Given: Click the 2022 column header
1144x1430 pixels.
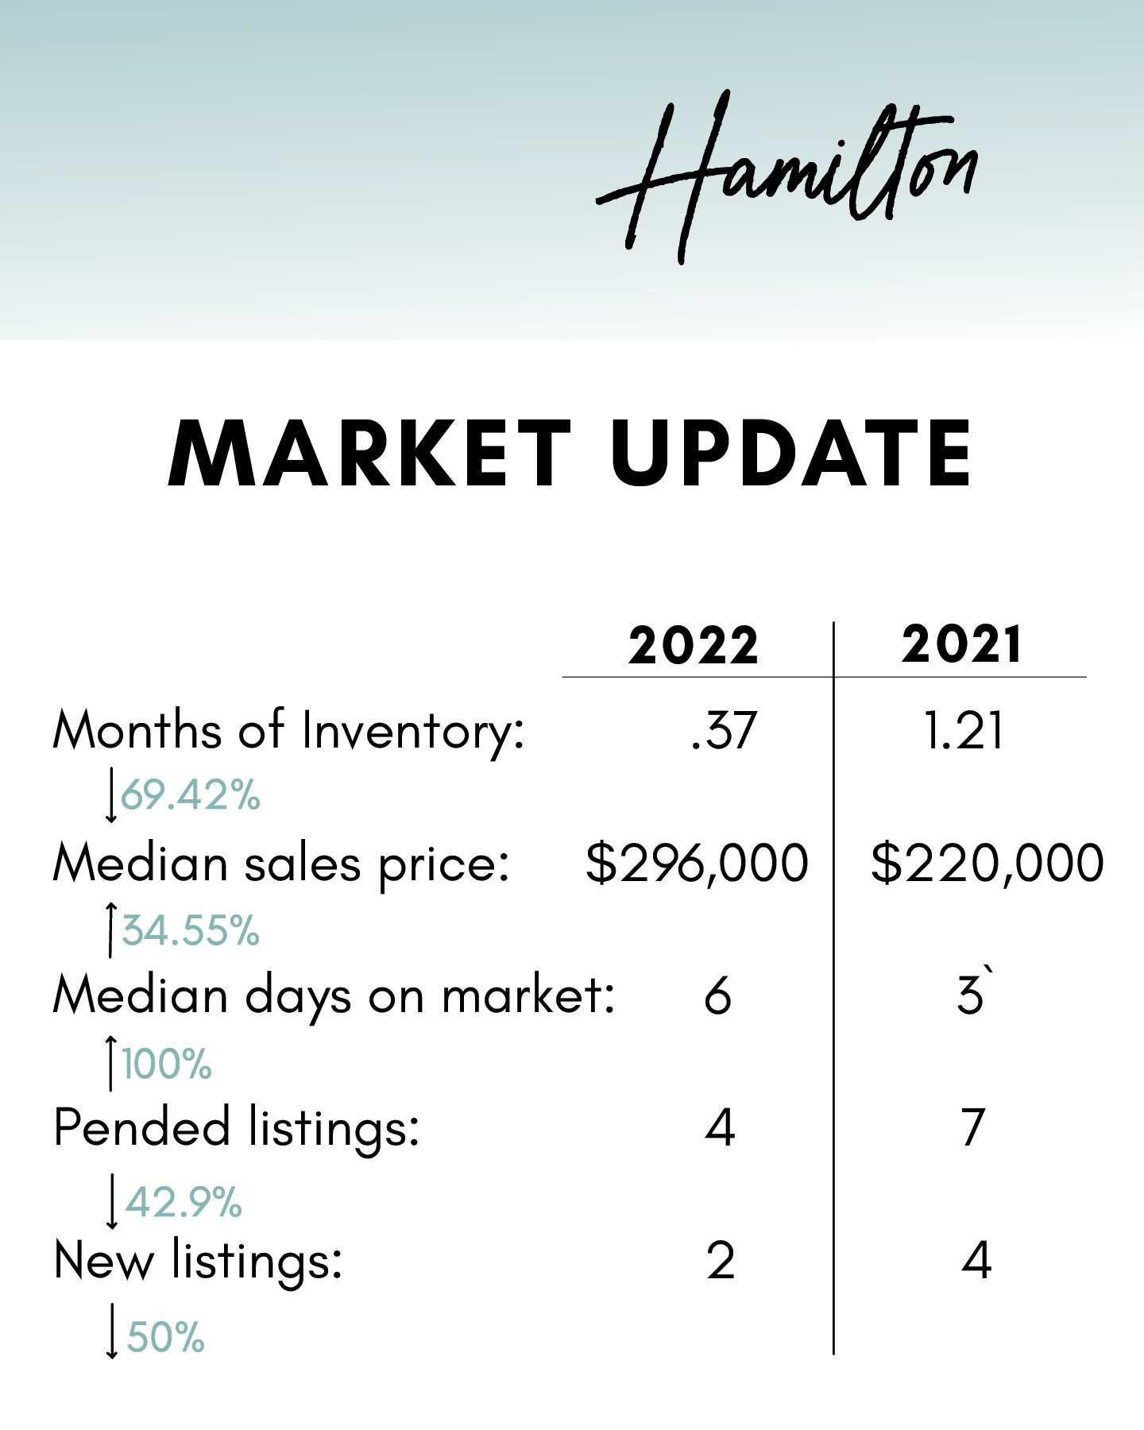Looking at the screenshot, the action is pyautogui.click(x=694, y=645).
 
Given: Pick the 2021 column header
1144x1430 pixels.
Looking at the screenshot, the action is pyautogui.click(x=961, y=645).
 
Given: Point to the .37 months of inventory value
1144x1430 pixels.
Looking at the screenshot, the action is pyautogui.click(x=723, y=731).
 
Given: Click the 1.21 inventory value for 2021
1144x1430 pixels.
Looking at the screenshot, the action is pyautogui.click(x=964, y=731).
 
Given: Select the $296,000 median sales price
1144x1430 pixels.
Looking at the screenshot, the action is pyautogui.click(x=697, y=864).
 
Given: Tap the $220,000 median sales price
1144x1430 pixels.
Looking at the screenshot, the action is pyautogui.click(x=987, y=864).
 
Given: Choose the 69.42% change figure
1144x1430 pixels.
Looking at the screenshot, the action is pyautogui.click(x=191, y=794).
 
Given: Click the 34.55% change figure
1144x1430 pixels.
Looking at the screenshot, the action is pyautogui.click(x=191, y=929).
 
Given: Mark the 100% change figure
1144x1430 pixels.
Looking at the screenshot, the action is pyautogui.click(x=167, y=1064).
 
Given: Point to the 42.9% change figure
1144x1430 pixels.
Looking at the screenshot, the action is pyautogui.click(x=184, y=1201).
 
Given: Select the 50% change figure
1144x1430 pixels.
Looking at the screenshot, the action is pyautogui.click(x=166, y=1336).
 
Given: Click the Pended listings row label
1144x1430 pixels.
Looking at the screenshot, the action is pyautogui.click(x=236, y=1128).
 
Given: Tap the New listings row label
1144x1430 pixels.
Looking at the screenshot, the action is pyautogui.click(x=198, y=1262).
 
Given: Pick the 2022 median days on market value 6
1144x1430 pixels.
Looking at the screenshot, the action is pyautogui.click(x=717, y=996).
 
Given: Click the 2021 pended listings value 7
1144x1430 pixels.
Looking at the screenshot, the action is pyautogui.click(x=973, y=1128).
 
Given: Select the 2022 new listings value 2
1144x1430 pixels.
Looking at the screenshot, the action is pyautogui.click(x=721, y=1261).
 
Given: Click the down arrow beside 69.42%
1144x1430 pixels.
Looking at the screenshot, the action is pyautogui.click(x=111, y=794).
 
